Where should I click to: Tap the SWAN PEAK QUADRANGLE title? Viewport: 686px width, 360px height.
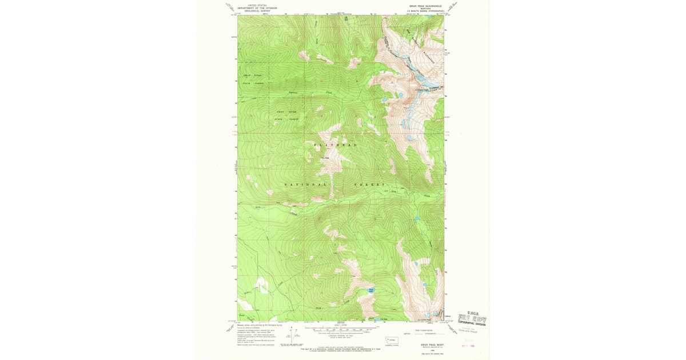tap(425, 6)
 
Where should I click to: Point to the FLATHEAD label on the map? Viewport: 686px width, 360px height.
tap(336, 145)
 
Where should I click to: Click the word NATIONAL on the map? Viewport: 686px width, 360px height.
tap(306, 185)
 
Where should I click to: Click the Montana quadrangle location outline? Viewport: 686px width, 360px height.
tap(393, 339)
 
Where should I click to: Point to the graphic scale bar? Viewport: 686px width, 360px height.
tap(341, 330)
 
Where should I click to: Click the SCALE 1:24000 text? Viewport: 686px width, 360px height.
tap(341, 325)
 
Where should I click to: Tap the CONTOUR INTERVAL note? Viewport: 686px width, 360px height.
tap(341, 335)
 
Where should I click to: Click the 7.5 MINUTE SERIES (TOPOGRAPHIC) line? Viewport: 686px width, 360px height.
tap(425, 11)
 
